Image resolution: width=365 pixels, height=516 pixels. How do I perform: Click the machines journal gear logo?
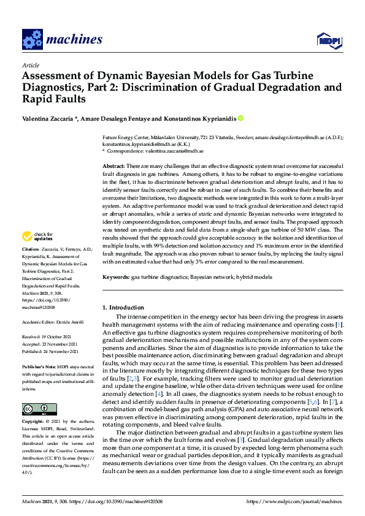point(32,39)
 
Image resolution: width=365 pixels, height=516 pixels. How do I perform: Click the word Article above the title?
point(30,65)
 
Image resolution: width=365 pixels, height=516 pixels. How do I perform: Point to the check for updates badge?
point(37,236)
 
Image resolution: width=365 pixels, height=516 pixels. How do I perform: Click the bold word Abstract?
point(113,167)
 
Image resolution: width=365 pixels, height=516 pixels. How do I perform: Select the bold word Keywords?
point(116,278)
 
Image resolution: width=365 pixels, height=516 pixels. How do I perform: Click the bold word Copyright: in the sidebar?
point(33,423)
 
